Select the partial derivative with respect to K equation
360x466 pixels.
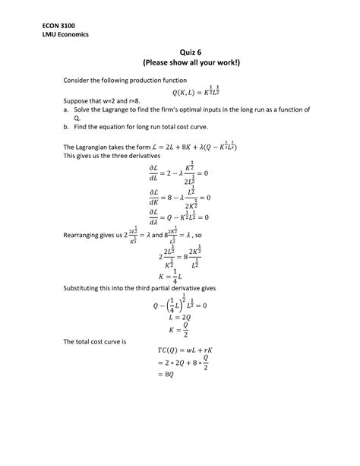click(179, 199)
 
